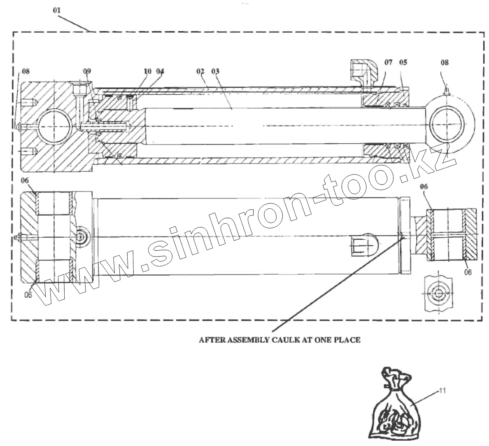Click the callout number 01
point(57,10)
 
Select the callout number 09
point(86,71)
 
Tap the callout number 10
point(148,71)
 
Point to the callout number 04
point(160,71)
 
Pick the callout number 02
point(200,71)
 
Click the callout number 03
point(215,71)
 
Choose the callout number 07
point(389,63)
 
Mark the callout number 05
point(403,63)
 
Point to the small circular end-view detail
point(438,294)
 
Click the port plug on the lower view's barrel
point(363,247)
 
